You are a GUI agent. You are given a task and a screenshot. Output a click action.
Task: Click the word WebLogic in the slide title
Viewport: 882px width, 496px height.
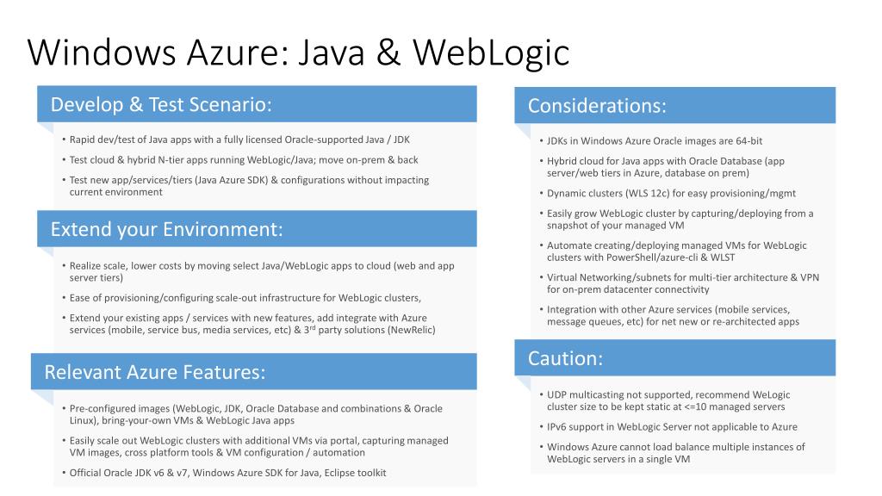491,52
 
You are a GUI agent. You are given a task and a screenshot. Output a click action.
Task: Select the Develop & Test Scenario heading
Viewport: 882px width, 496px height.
161,104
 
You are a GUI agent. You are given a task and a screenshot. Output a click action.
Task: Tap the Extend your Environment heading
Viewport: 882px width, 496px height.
166,229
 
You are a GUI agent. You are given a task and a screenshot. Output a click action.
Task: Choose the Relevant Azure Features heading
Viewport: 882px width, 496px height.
154,372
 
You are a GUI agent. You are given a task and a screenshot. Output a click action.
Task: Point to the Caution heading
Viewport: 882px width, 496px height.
565,358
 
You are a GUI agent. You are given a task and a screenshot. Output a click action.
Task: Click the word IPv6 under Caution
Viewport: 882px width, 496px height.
558,427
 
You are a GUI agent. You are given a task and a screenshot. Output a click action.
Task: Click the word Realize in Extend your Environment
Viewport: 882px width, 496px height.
87,266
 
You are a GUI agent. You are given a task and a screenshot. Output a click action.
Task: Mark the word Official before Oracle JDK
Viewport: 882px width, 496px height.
87,473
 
